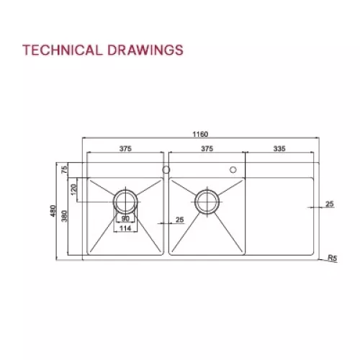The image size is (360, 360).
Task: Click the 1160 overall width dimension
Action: [200, 134]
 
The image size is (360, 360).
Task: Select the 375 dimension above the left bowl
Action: [125, 149]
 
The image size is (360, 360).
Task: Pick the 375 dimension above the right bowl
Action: [207, 149]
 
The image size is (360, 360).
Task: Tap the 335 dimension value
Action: [280, 149]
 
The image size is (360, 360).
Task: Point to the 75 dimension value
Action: [65, 170]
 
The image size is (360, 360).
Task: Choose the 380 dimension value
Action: [65, 215]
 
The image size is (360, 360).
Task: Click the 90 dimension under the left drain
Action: [125, 218]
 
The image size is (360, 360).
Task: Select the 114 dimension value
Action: [125, 229]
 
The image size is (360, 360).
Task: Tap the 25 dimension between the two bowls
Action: [179, 220]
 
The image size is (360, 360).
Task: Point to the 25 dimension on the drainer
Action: [330, 204]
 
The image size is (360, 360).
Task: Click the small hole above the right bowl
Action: [233, 170]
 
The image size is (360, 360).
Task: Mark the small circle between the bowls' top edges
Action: [166, 170]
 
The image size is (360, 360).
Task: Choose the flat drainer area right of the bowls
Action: [281, 216]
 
